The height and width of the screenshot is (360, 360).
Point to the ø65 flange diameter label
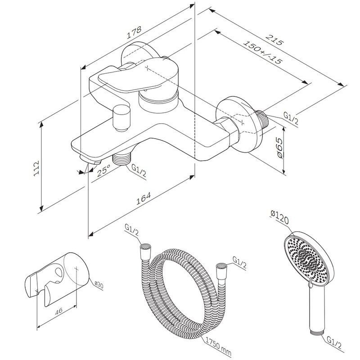279,148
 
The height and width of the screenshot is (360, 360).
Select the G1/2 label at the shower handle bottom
336,343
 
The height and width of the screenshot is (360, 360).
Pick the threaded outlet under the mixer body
121,158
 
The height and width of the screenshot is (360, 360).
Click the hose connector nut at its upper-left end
145,248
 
